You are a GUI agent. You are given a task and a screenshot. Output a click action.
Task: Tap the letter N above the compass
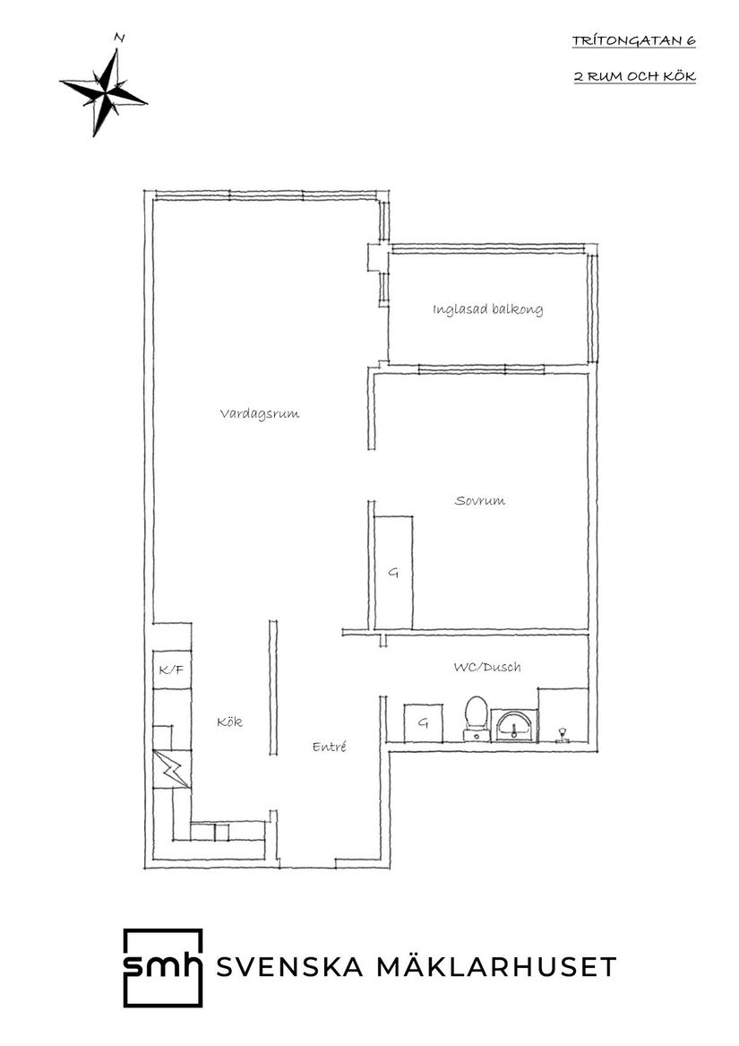click(118, 38)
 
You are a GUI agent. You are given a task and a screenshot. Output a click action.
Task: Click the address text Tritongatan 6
click(633, 41)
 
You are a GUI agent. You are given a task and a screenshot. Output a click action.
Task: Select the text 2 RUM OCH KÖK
click(634, 76)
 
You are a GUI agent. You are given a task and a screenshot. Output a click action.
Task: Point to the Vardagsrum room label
click(259, 414)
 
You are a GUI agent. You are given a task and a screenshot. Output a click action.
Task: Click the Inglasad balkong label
click(487, 310)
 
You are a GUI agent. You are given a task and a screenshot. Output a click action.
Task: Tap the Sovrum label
click(479, 500)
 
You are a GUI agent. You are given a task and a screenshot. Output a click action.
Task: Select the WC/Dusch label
click(487, 667)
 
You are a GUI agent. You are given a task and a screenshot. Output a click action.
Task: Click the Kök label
click(230, 722)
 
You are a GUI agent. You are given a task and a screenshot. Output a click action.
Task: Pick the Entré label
click(329, 747)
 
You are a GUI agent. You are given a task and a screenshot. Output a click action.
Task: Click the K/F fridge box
click(171, 670)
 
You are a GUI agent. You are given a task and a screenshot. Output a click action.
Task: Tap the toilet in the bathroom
click(477, 717)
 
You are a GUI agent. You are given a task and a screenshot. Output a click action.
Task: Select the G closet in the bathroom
click(423, 723)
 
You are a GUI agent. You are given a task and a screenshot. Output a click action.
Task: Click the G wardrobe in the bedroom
click(393, 572)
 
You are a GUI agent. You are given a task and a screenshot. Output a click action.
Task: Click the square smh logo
click(162, 966)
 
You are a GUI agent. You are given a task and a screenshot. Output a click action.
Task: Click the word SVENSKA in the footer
click(290, 967)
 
